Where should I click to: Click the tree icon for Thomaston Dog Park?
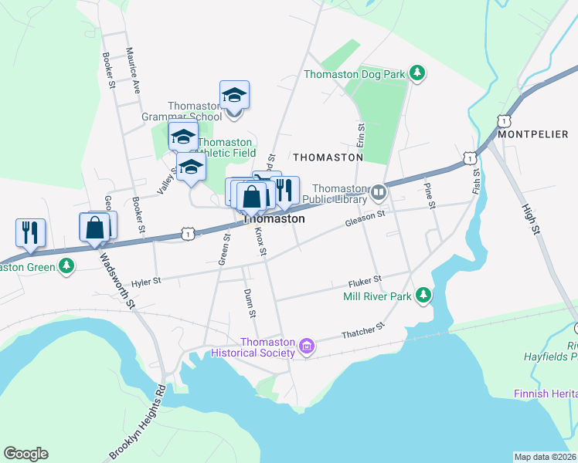point(417,74)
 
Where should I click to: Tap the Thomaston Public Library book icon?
point(378,191)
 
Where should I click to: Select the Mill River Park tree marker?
point(423,295)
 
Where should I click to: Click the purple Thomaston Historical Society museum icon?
point(307,347)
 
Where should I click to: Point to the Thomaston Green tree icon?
point(67,266)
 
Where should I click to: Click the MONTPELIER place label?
point(533,133)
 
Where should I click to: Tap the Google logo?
point(25,454)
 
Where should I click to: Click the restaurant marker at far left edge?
point(30,231)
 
